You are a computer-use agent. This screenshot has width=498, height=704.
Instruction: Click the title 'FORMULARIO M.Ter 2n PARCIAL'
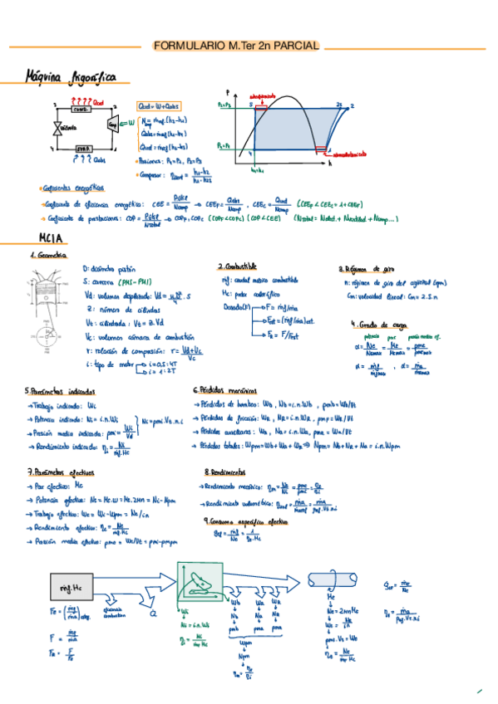pos(236,46)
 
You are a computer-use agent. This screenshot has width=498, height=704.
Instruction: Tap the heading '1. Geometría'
pos(48,256)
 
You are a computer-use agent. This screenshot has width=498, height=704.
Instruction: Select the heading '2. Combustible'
pos(237,266)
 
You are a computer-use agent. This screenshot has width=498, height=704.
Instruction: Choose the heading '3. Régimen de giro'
pos(366,269)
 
